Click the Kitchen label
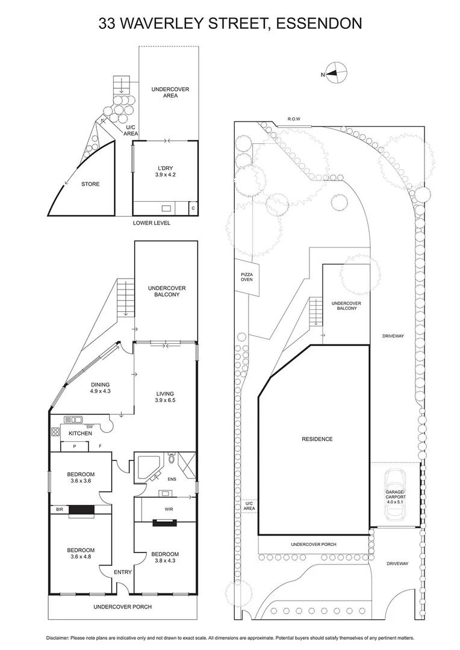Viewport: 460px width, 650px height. [x=80, y=433]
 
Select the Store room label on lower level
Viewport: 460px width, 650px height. [x=90, y=184]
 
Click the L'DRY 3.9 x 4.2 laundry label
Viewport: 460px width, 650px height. [x=165, y=171]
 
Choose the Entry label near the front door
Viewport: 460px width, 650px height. [x=123, y=572]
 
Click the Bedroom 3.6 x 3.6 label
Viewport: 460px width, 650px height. [x=80, y=478]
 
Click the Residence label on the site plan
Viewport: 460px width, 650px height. [x=317, y=439]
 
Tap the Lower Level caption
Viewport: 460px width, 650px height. [x=152, y=223]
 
